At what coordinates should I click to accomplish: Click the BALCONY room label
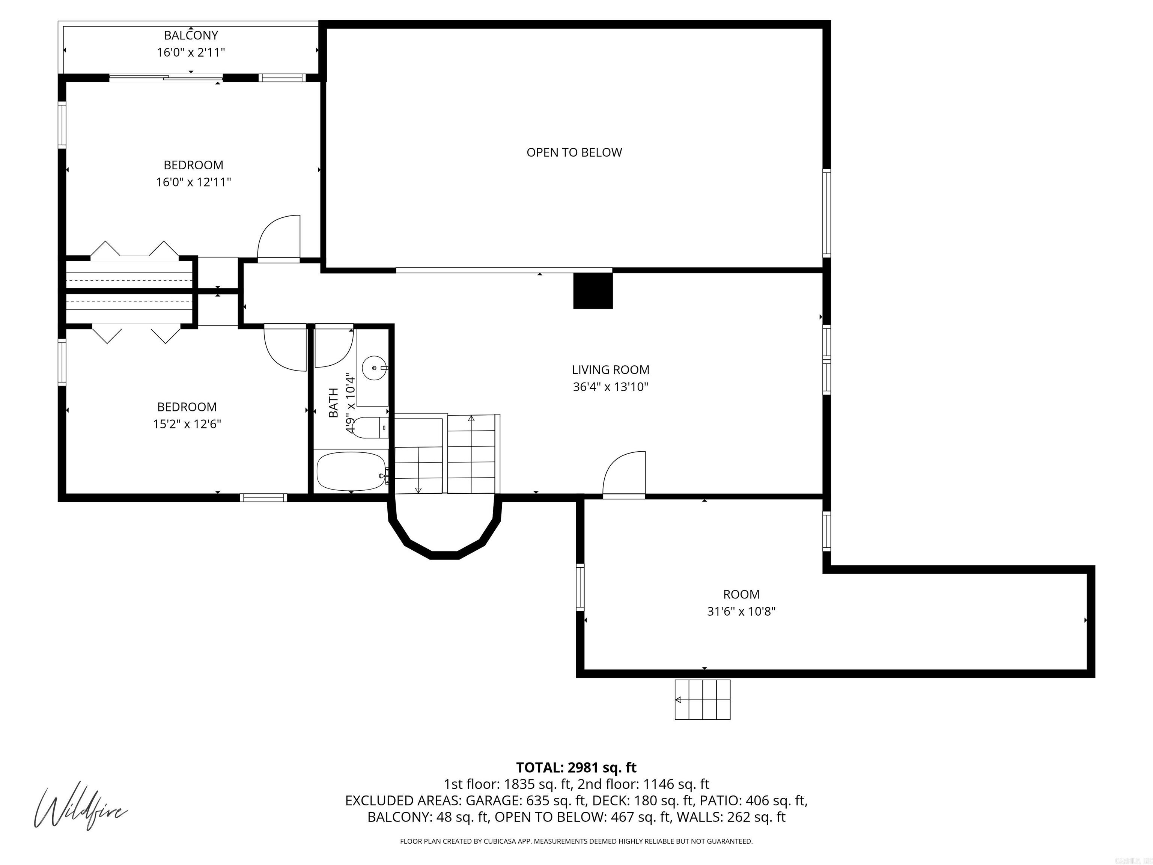[191, 35]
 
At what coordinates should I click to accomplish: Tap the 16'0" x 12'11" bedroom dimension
[193, 182]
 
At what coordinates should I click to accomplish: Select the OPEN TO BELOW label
[574, 152]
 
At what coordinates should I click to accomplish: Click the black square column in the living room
[593, 291]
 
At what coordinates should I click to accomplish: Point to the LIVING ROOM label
[610, 370]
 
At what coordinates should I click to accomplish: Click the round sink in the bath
[374, 368]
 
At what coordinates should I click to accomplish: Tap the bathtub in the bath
[351, 471]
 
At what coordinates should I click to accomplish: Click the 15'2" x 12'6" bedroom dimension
[187, 424]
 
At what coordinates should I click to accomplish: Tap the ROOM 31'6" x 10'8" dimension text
[741, 611]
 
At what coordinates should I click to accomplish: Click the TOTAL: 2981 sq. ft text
[576, 767]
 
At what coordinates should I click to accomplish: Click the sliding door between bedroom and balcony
[166, 78]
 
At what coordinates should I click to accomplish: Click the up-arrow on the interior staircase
[471, 419]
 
